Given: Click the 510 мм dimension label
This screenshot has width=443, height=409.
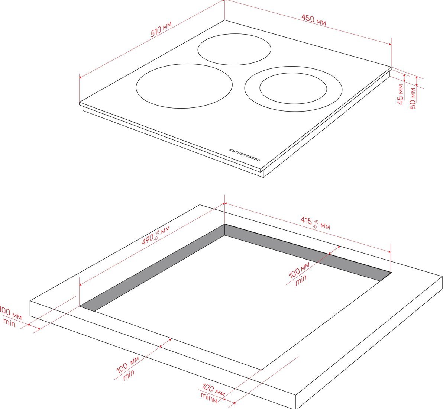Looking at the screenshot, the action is point(161,29).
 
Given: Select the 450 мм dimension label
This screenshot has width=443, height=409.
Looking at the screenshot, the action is point(314,19).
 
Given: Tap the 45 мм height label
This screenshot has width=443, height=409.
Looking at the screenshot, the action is point(400,94).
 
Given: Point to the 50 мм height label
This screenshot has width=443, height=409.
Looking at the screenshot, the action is point(413,98).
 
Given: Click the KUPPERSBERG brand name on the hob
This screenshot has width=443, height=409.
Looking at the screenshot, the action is point(245,155).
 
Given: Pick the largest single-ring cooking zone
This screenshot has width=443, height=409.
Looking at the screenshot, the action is point(184,86).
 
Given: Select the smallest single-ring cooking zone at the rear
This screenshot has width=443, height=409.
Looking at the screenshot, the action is point(234,49).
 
